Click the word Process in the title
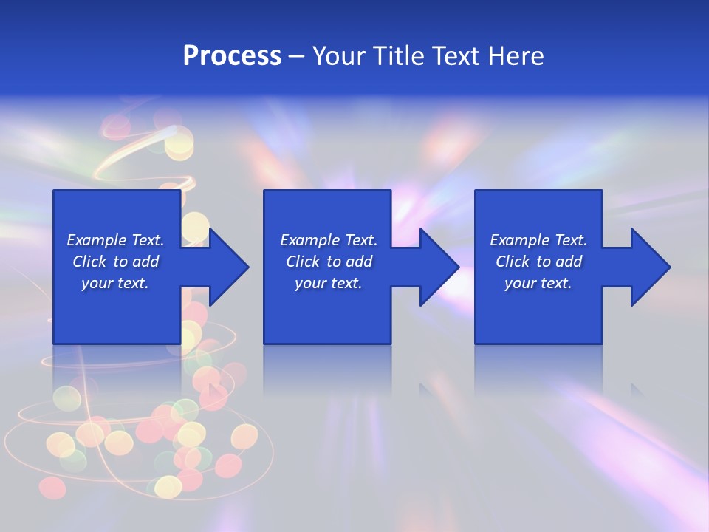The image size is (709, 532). pyautogui.click(x=232, y=56)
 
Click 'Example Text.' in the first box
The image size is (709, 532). pyautogui.click(x=115, y=240)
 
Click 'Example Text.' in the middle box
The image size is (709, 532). pyautogui.click(x=329, y=240)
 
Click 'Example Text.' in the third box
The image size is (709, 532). pyautogui.click(x=538, y=240)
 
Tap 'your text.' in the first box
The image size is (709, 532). pyautogui.click(x=115, y=283)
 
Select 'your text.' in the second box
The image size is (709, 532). pyautogui.click(x=329, y=283)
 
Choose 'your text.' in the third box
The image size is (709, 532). pyautogui.click(x=538, y=283)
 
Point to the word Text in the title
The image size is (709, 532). pyautogui.click(x=456, y=56)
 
